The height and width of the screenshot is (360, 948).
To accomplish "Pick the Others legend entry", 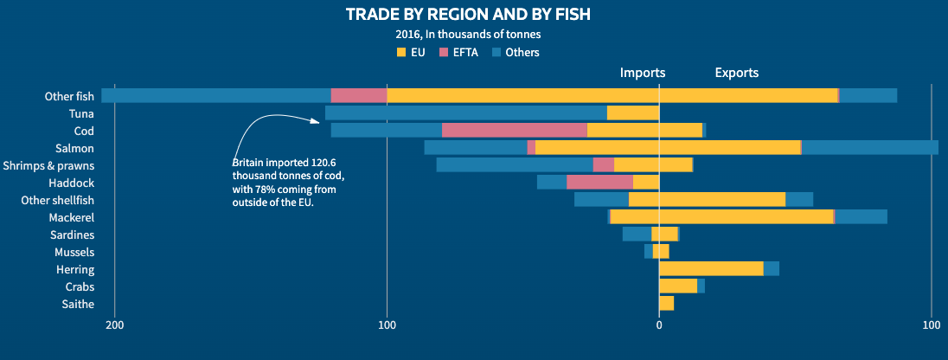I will (x=516, y=53).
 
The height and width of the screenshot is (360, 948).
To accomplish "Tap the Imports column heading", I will (x=642, y=73).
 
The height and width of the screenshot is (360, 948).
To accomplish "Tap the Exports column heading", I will (x=736, y=73).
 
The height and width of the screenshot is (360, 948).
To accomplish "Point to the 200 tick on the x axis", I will (x=114, y=325).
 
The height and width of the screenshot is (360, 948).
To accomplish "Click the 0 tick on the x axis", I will (x=659, y=325).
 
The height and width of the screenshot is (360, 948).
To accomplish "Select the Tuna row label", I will (x=81, y=113).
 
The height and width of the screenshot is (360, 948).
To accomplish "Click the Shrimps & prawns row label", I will (x=48, y=165).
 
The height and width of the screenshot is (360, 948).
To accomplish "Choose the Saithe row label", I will (x=79, y=304).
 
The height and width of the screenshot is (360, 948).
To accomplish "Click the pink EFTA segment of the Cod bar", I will (x=514, y=130).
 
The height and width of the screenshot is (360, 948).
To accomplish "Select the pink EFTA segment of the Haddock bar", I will (x=599, y=182).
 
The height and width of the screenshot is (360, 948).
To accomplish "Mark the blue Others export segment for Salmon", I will (x=869, y=147).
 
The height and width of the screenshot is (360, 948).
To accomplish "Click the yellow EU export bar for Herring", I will (x=711, y=268).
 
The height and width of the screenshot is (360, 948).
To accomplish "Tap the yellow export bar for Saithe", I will (x=666, y=303).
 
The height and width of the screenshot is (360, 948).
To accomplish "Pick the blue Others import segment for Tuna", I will (x=465, y=112).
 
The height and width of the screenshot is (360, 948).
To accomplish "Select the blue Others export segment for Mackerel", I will (x=861, y=216).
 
